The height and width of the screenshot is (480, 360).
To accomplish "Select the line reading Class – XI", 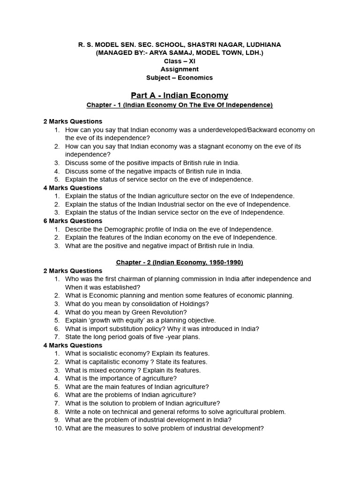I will click(x=180, y=61).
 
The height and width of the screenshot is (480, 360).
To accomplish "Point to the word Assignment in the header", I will click(x=180, y=69).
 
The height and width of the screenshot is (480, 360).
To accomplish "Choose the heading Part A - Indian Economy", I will click(x=180, y=95).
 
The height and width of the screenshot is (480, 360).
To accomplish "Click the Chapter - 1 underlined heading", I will click(x=180, y=105).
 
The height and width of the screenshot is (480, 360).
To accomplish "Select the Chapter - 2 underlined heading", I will click(x=180, y=262).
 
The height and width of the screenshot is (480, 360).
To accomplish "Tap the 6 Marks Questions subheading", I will click(x=73, y=221).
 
